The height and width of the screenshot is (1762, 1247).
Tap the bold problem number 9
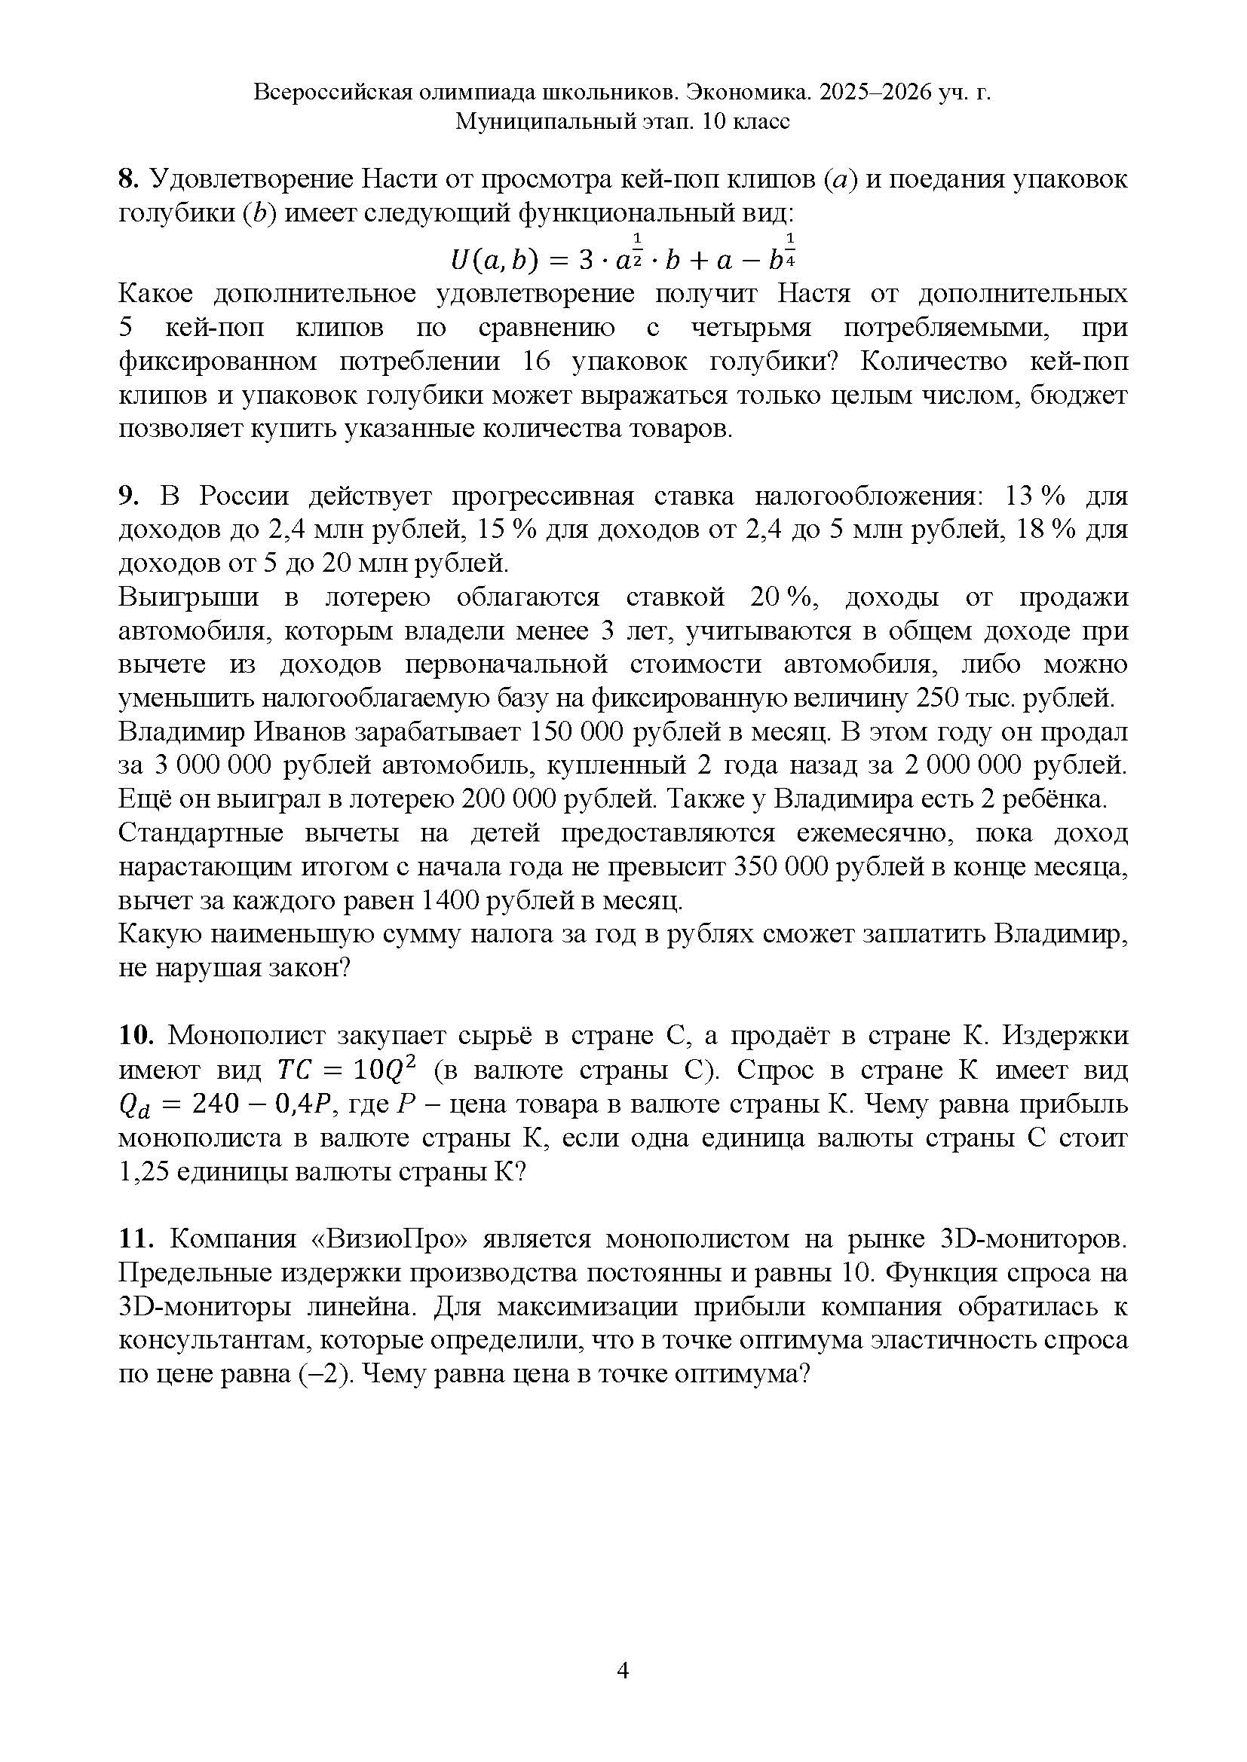pyautogui.click(x=127, y=496)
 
